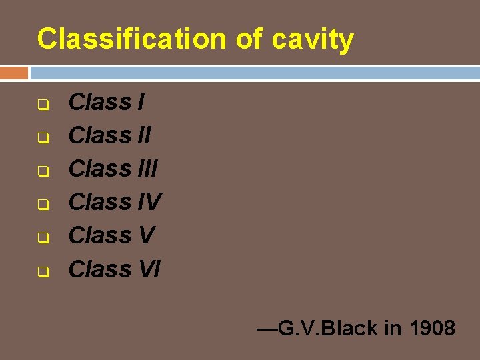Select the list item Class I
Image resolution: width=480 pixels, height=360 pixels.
[x=106, y=103]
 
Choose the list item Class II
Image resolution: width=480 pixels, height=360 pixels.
[x=110, y=136]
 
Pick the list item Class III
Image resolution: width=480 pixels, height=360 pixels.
[x=113, y=169]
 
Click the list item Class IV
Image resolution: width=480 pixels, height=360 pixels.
[x=115, y=202]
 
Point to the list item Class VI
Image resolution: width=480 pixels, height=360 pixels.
[x=115, y=269]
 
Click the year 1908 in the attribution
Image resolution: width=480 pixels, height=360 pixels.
[x=433, y=328]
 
